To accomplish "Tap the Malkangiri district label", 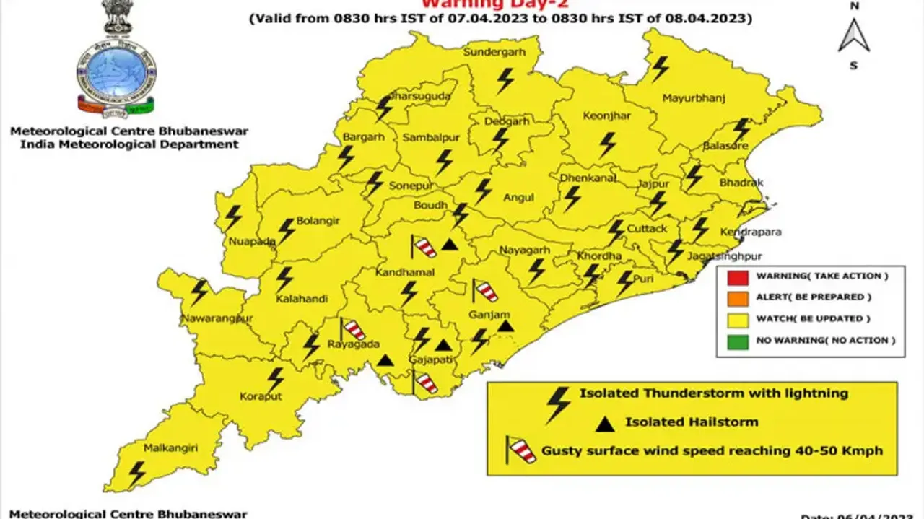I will [170, 448].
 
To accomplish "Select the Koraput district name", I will [261, 397].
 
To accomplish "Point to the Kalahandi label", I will [302, 299].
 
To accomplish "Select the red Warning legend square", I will [736, 276].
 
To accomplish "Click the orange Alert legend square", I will [736, 297].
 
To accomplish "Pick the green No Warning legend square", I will [736, 340].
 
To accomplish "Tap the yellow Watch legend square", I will [736, 319].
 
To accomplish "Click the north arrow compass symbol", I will [854, 36].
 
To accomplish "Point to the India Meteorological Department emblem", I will [117, 65].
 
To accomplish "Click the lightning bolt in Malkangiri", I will [136, 474].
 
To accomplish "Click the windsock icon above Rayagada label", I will [352, 329].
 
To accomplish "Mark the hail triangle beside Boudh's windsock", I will [450, 245].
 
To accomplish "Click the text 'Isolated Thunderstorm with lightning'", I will [713, 394].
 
